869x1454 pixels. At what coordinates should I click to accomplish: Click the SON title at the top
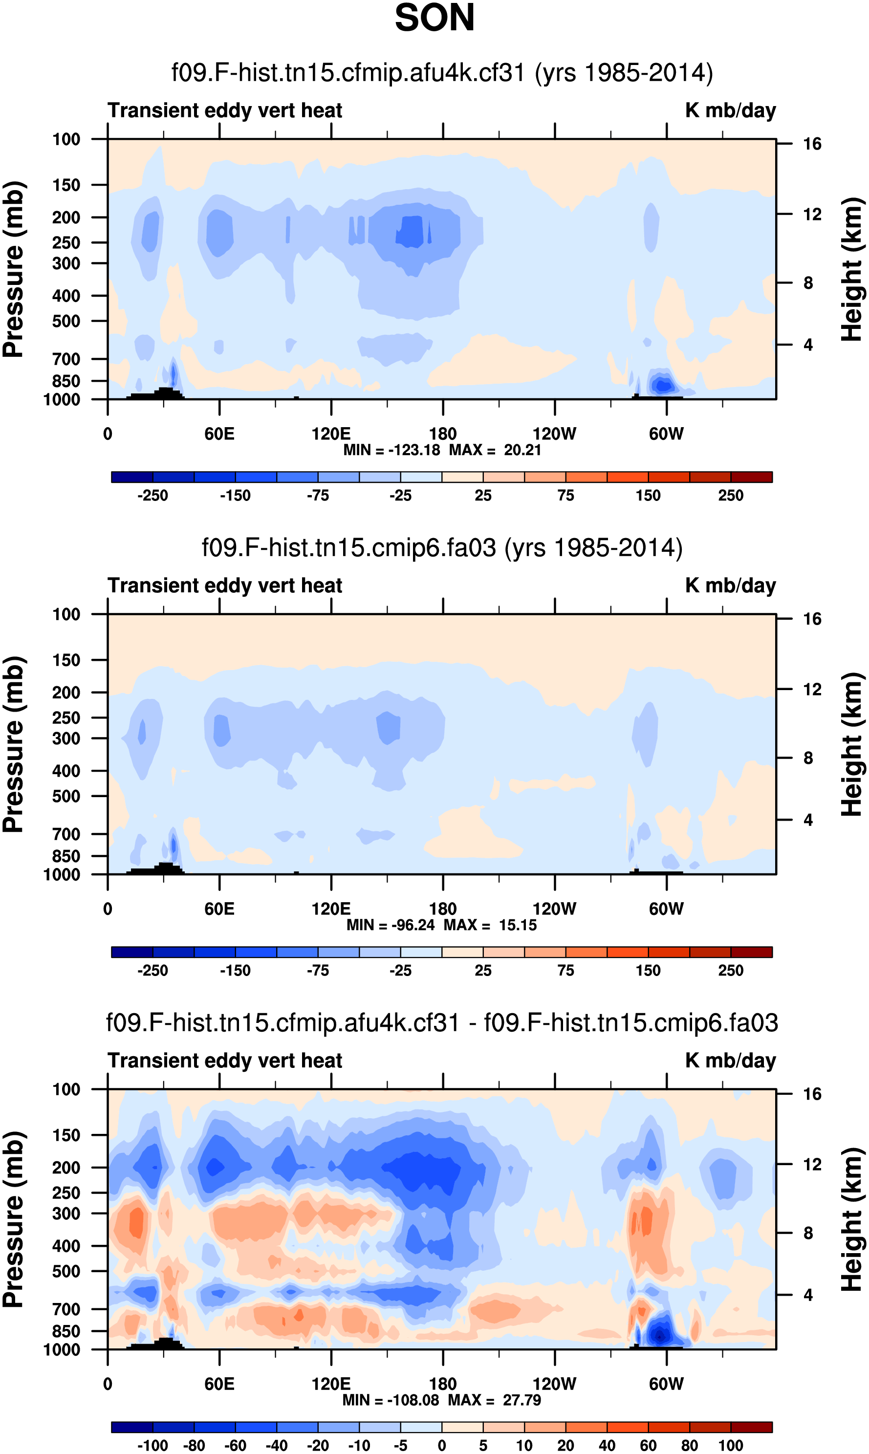(x=434, y=18)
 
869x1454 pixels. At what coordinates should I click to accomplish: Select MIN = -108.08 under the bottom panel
(x=390, y=1400)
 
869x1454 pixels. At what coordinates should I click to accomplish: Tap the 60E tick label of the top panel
(x=219, y=434)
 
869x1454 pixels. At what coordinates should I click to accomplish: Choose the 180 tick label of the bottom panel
(x=443, y=1384)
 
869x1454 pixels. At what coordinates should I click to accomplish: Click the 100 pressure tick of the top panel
(x=66, y=139)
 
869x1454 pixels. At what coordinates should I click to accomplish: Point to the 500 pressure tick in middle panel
(x=66, y=796)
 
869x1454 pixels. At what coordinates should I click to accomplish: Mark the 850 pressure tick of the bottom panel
(x=66, y=1331)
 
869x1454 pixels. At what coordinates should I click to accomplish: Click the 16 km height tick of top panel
(x=812, y=144)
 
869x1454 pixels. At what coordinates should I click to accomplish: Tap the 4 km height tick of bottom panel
(x=808, y=1295)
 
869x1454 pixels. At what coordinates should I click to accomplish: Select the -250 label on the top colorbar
(x=153, y=496)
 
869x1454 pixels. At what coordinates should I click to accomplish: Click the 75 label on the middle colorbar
(x=565, y=970)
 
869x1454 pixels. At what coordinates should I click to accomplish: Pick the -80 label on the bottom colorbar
(x=195, y=1445)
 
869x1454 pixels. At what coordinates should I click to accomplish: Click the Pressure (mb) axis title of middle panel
(x=13, y=744)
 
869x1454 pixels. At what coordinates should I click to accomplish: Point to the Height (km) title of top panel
(x=852, y=269)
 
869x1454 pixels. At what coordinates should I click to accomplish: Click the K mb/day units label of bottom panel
(x=730, y=1061)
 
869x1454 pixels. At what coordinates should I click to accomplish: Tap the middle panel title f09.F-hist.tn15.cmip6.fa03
(x=442, y=548)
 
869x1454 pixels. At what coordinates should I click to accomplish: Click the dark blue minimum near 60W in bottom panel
(x=660, y=1336)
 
